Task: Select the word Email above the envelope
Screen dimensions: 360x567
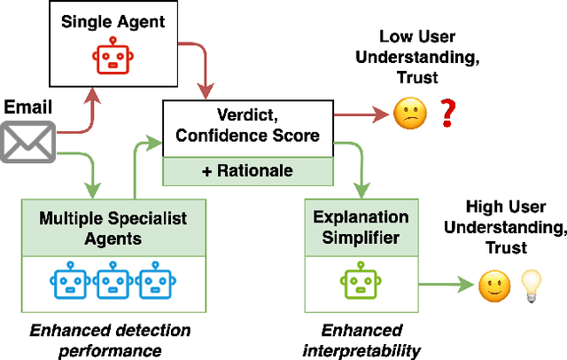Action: pos(27,108)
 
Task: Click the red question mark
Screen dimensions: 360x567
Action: pos(448,113)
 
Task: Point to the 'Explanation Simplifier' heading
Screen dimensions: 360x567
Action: pos(353,227)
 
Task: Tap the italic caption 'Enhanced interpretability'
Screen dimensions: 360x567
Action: pos(362,340)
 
